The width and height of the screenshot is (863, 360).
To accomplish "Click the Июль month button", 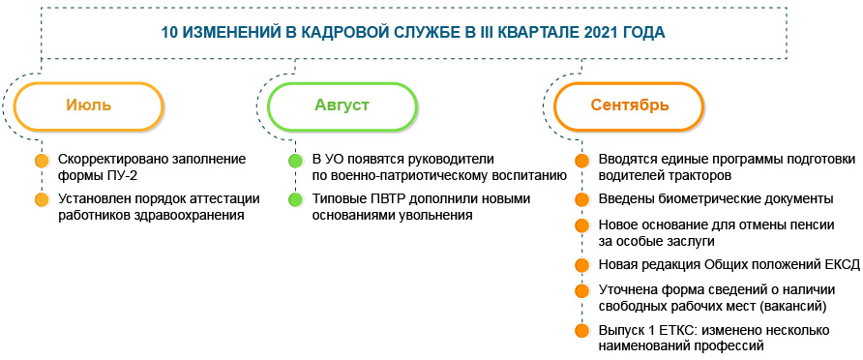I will coord(89,105).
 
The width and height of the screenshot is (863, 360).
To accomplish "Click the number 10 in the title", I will coord(171,31).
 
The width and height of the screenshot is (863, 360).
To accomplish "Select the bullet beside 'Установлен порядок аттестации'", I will coord(41,200).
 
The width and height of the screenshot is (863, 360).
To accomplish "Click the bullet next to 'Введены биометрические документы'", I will coord(581,200).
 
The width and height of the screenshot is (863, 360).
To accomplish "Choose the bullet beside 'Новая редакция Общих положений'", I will coord(581,265).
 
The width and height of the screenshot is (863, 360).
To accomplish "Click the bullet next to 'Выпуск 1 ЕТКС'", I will coord(581,331).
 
